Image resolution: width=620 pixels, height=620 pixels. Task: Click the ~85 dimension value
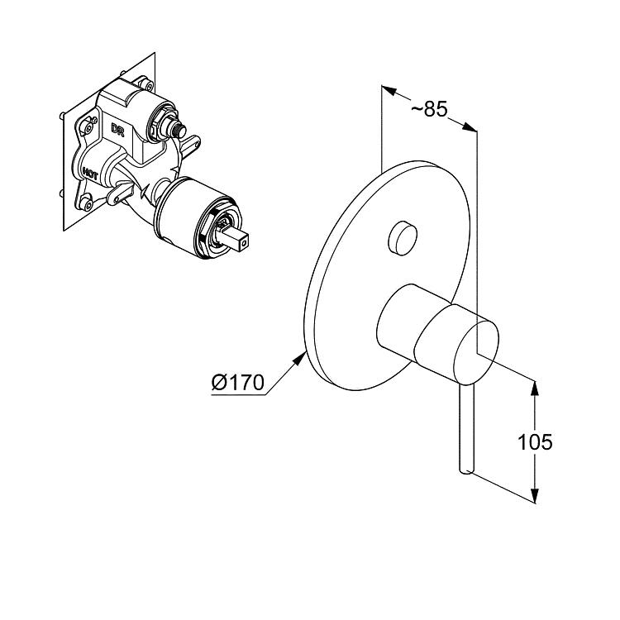point(429,108)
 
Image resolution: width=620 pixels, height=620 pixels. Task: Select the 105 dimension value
point(535,441)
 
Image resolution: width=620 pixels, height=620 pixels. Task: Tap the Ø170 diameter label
point(237,383)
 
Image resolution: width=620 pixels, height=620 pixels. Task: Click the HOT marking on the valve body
point(90,174)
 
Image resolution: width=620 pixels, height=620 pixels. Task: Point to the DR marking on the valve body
point(117,129)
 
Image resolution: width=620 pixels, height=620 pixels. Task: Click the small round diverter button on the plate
point(402,238)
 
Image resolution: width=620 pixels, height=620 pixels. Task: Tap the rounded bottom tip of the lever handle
point(466,470)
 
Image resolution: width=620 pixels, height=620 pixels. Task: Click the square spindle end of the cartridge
point(241,241)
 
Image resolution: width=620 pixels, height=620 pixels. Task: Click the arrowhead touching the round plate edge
point(299,360)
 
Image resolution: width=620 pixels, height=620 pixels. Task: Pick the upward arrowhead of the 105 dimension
point(534,388)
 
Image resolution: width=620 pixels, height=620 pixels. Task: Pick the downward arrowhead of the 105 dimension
point(534,495)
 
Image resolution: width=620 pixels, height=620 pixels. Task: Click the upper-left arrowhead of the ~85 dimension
point(389,90)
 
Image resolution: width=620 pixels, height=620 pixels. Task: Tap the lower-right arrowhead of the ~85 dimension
point(470,126)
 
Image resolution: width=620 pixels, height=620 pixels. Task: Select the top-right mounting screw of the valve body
point(148,85)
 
